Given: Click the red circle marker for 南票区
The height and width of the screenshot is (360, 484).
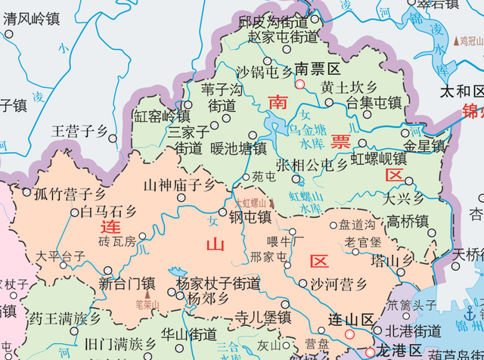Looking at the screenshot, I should pos(299,85).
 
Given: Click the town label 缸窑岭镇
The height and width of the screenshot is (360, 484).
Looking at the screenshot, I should pos(162,116).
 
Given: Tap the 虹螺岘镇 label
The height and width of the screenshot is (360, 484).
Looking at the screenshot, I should pos(379,159).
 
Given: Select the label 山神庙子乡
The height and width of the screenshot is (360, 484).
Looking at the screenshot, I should pos(180,185).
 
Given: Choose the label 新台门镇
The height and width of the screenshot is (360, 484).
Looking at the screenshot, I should pos(127,284).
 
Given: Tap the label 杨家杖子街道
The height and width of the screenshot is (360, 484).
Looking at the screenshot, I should pos(218,284).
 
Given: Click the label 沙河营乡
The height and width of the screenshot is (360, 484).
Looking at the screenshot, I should pos(338,284).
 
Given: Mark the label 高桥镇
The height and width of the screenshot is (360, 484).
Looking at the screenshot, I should pos(408,222).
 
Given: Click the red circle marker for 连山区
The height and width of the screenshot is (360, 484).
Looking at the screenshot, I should pos(349,334).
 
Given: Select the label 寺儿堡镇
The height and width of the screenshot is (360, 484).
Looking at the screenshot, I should pos(262,316).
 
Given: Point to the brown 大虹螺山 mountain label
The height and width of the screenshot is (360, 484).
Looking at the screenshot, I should pos(250,203).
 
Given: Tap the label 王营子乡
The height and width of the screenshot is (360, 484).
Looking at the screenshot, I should pos(79,132).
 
